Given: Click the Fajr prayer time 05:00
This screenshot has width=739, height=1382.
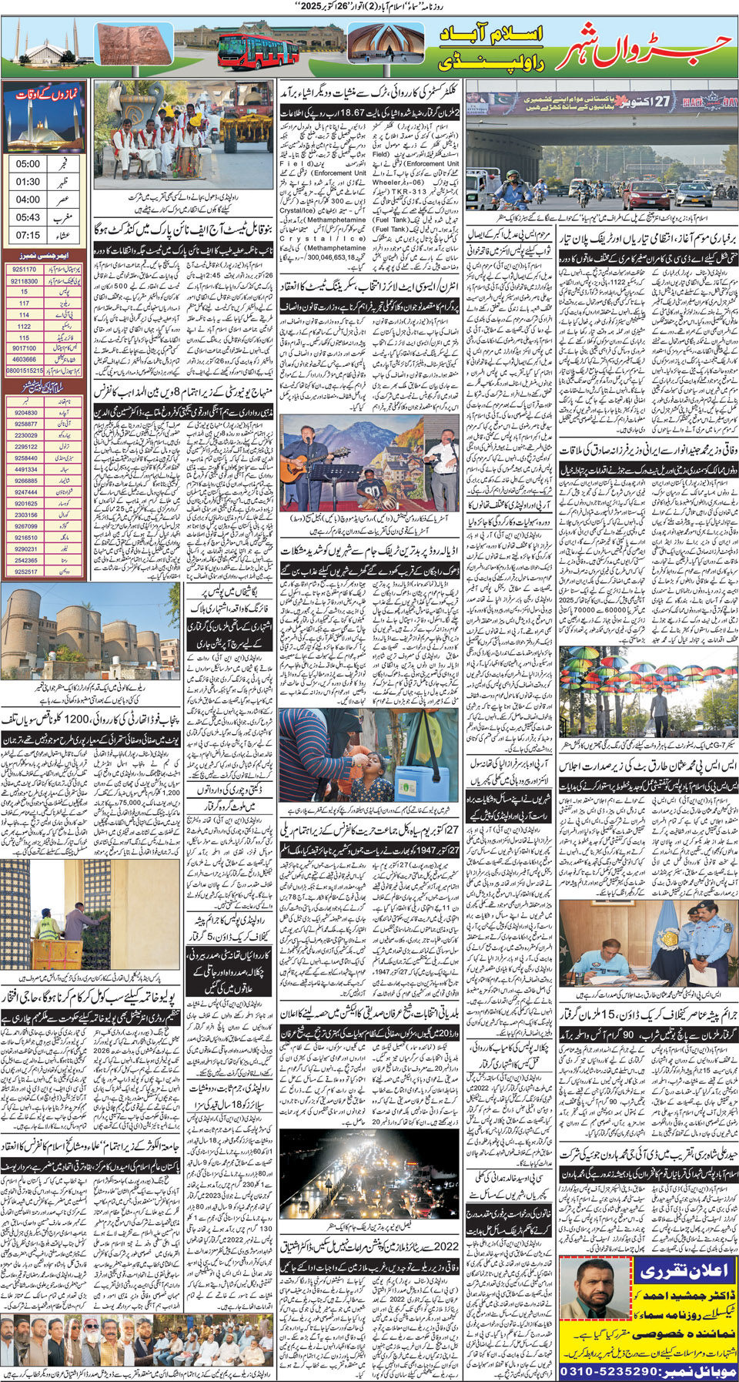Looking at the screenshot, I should point(28,164).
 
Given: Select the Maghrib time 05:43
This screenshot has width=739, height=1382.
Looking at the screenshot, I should point(28,217).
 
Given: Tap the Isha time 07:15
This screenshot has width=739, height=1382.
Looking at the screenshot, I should point(28,235).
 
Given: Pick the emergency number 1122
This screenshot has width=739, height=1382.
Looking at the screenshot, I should point(25,326).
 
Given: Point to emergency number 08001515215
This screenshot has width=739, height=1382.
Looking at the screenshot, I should point(25,371).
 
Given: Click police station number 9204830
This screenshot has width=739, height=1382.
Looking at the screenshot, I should point(25,413).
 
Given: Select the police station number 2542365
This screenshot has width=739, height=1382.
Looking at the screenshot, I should point(25,560).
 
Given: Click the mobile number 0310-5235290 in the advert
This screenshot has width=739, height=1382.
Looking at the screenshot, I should point(618,1371).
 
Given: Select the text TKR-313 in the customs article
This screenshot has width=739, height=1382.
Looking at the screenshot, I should point(412,191).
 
